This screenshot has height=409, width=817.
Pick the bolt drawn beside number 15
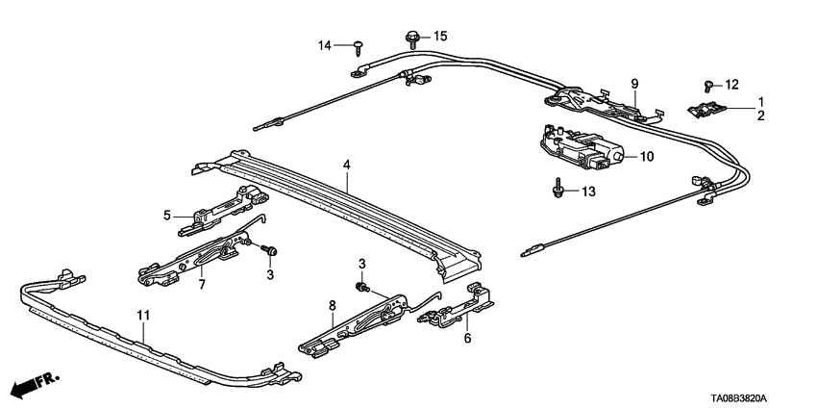pyautogui.click(x=410, y=39)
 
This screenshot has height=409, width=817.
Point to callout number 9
pyautogui.click(x=634, y=84)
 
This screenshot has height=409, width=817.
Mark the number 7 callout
pyautogui.click(x=202, y=286)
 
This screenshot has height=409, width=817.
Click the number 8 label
pyautogui.click(x=332, y=306)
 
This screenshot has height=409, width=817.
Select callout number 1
pyautogui.click(x=760, y=101)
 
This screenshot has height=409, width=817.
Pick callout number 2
pyautogui.click(x=760, y=115)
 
